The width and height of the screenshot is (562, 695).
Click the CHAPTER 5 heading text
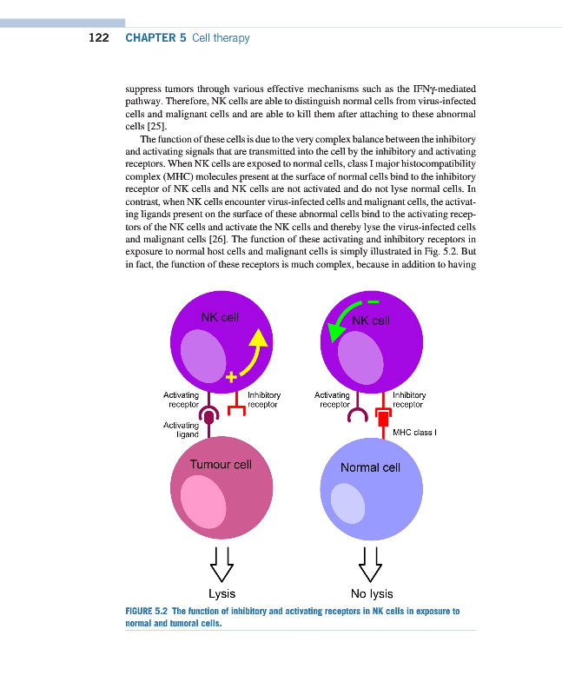(x=156, y=37)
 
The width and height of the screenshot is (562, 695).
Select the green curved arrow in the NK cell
(x=342, y=327)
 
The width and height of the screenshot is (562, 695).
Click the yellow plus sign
(x=231, y=377)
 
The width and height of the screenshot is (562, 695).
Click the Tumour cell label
(x=221, y=464)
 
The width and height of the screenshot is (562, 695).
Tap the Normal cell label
(x=370, y=467)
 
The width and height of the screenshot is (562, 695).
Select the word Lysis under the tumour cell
(x=221, y=594)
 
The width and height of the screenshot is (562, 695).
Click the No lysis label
(x=371, y=594)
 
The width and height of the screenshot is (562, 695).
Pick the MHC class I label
(x=413, y=432)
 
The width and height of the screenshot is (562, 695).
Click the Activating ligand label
(x=181, y=429)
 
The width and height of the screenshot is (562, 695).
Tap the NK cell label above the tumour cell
(x=220, y=317)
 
